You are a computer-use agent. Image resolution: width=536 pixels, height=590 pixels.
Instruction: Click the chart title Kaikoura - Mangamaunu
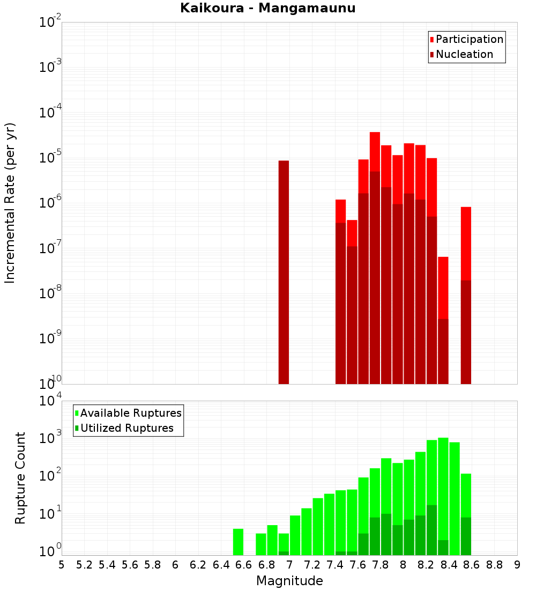(268, 8)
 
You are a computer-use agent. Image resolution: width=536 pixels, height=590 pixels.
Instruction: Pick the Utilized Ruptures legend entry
(126, 428)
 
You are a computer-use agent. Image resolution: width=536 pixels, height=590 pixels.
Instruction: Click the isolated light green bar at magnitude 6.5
(238, 542)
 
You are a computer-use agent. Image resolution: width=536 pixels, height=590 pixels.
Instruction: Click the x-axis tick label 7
(289, 565)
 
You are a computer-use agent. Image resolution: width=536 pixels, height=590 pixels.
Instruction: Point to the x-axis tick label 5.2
(84, 565)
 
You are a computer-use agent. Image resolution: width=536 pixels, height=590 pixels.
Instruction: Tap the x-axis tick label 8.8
(494, 565)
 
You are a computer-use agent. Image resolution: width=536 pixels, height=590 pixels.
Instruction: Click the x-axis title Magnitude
(289, 581)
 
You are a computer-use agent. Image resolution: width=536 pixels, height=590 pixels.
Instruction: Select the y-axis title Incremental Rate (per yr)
(10, 203)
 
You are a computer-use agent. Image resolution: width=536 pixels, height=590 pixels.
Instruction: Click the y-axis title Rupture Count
(20, 477)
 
